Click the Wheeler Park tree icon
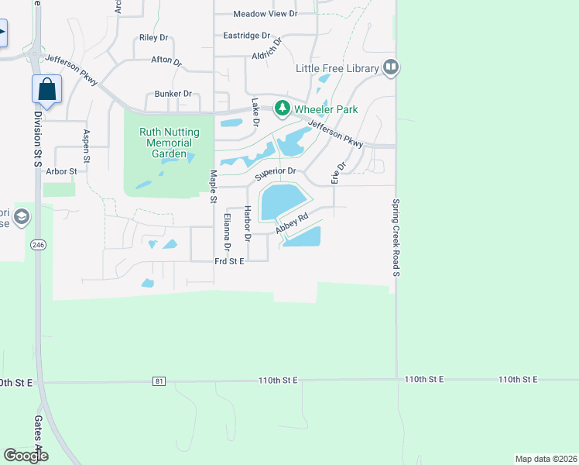284,108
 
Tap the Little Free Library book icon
390,68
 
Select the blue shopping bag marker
46,89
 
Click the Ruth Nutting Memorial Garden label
169,143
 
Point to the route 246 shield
38,244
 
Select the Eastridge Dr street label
246,36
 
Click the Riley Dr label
153,37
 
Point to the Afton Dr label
166,60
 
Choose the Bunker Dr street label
173,94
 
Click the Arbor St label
62,170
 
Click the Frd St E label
229,262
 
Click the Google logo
26,456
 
